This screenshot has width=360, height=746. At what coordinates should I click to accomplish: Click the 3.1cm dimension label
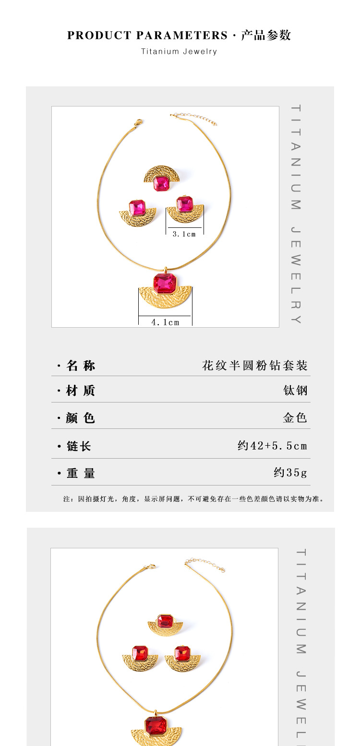click(x=184, y=234)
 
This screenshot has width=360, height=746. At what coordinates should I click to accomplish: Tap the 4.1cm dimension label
click(x=165, y=322)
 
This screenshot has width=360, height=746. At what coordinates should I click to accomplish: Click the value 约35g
click(x=290, y=473)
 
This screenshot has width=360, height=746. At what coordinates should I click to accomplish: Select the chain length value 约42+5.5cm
click(x=272, y=446)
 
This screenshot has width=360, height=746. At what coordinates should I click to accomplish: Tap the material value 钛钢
click(x=295, y=391)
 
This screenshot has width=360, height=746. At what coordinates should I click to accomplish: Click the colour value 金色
click(x=295, y=417)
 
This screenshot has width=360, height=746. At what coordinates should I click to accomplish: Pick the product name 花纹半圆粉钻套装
click(x=254, y=366)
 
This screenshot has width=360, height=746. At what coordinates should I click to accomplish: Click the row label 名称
click(x=81, y=366)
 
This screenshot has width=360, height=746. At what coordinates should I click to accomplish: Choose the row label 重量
click(x=81, y=473)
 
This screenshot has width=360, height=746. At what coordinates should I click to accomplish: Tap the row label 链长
click(x=79, y=446)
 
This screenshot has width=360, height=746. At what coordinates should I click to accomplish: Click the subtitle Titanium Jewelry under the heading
click(x=179, y=52)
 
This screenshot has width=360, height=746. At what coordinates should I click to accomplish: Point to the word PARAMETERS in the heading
click(x=182, y=36)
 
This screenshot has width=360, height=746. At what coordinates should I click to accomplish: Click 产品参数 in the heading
click(x=266, y=36)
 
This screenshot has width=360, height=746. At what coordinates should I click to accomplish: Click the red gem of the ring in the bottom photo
click(x=165, y=622)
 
